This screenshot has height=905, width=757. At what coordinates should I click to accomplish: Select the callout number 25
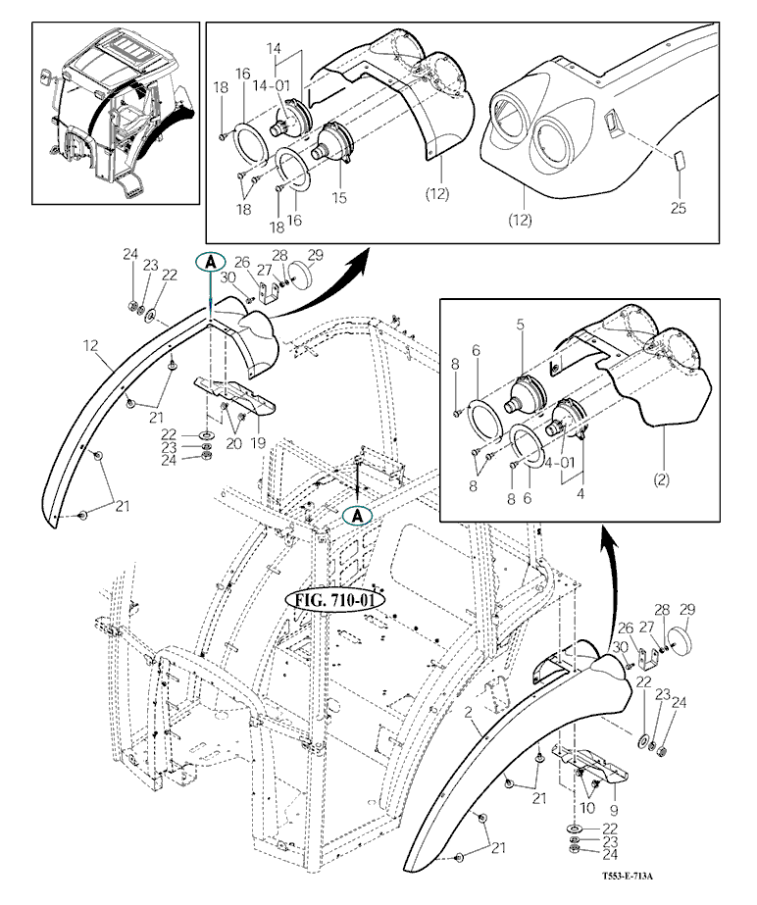tap(679, 207)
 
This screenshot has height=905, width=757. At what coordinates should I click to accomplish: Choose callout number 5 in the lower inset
tap(522, 323)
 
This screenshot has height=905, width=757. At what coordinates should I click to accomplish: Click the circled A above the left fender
tap(212, 262)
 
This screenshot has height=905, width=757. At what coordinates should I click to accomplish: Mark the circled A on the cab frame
tap(360, 514)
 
